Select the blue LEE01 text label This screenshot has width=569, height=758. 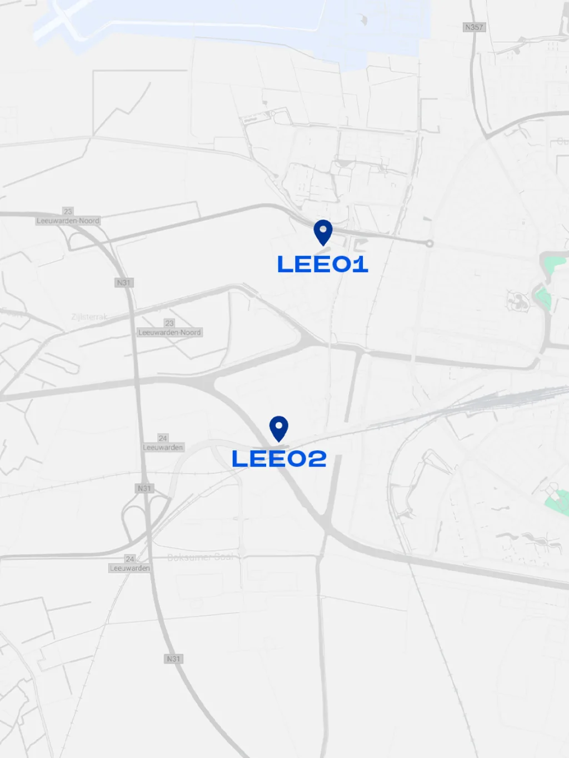pos(322,264)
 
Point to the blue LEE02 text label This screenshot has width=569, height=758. pos(279,459)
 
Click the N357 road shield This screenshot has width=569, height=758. pos(474,27)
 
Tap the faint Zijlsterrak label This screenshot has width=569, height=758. pos(89,317)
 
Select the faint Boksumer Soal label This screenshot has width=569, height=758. pos(201,557)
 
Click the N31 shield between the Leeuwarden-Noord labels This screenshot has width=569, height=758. pos(124,283)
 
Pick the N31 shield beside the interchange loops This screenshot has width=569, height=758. pos(144,488)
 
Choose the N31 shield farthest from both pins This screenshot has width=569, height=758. pos(173,659)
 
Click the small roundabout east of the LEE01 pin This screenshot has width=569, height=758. pos(429,243)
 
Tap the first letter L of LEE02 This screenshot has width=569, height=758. pos(239,459)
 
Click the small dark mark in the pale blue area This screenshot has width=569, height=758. pos(364,21)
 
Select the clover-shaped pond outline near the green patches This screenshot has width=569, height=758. pos(518,302)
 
